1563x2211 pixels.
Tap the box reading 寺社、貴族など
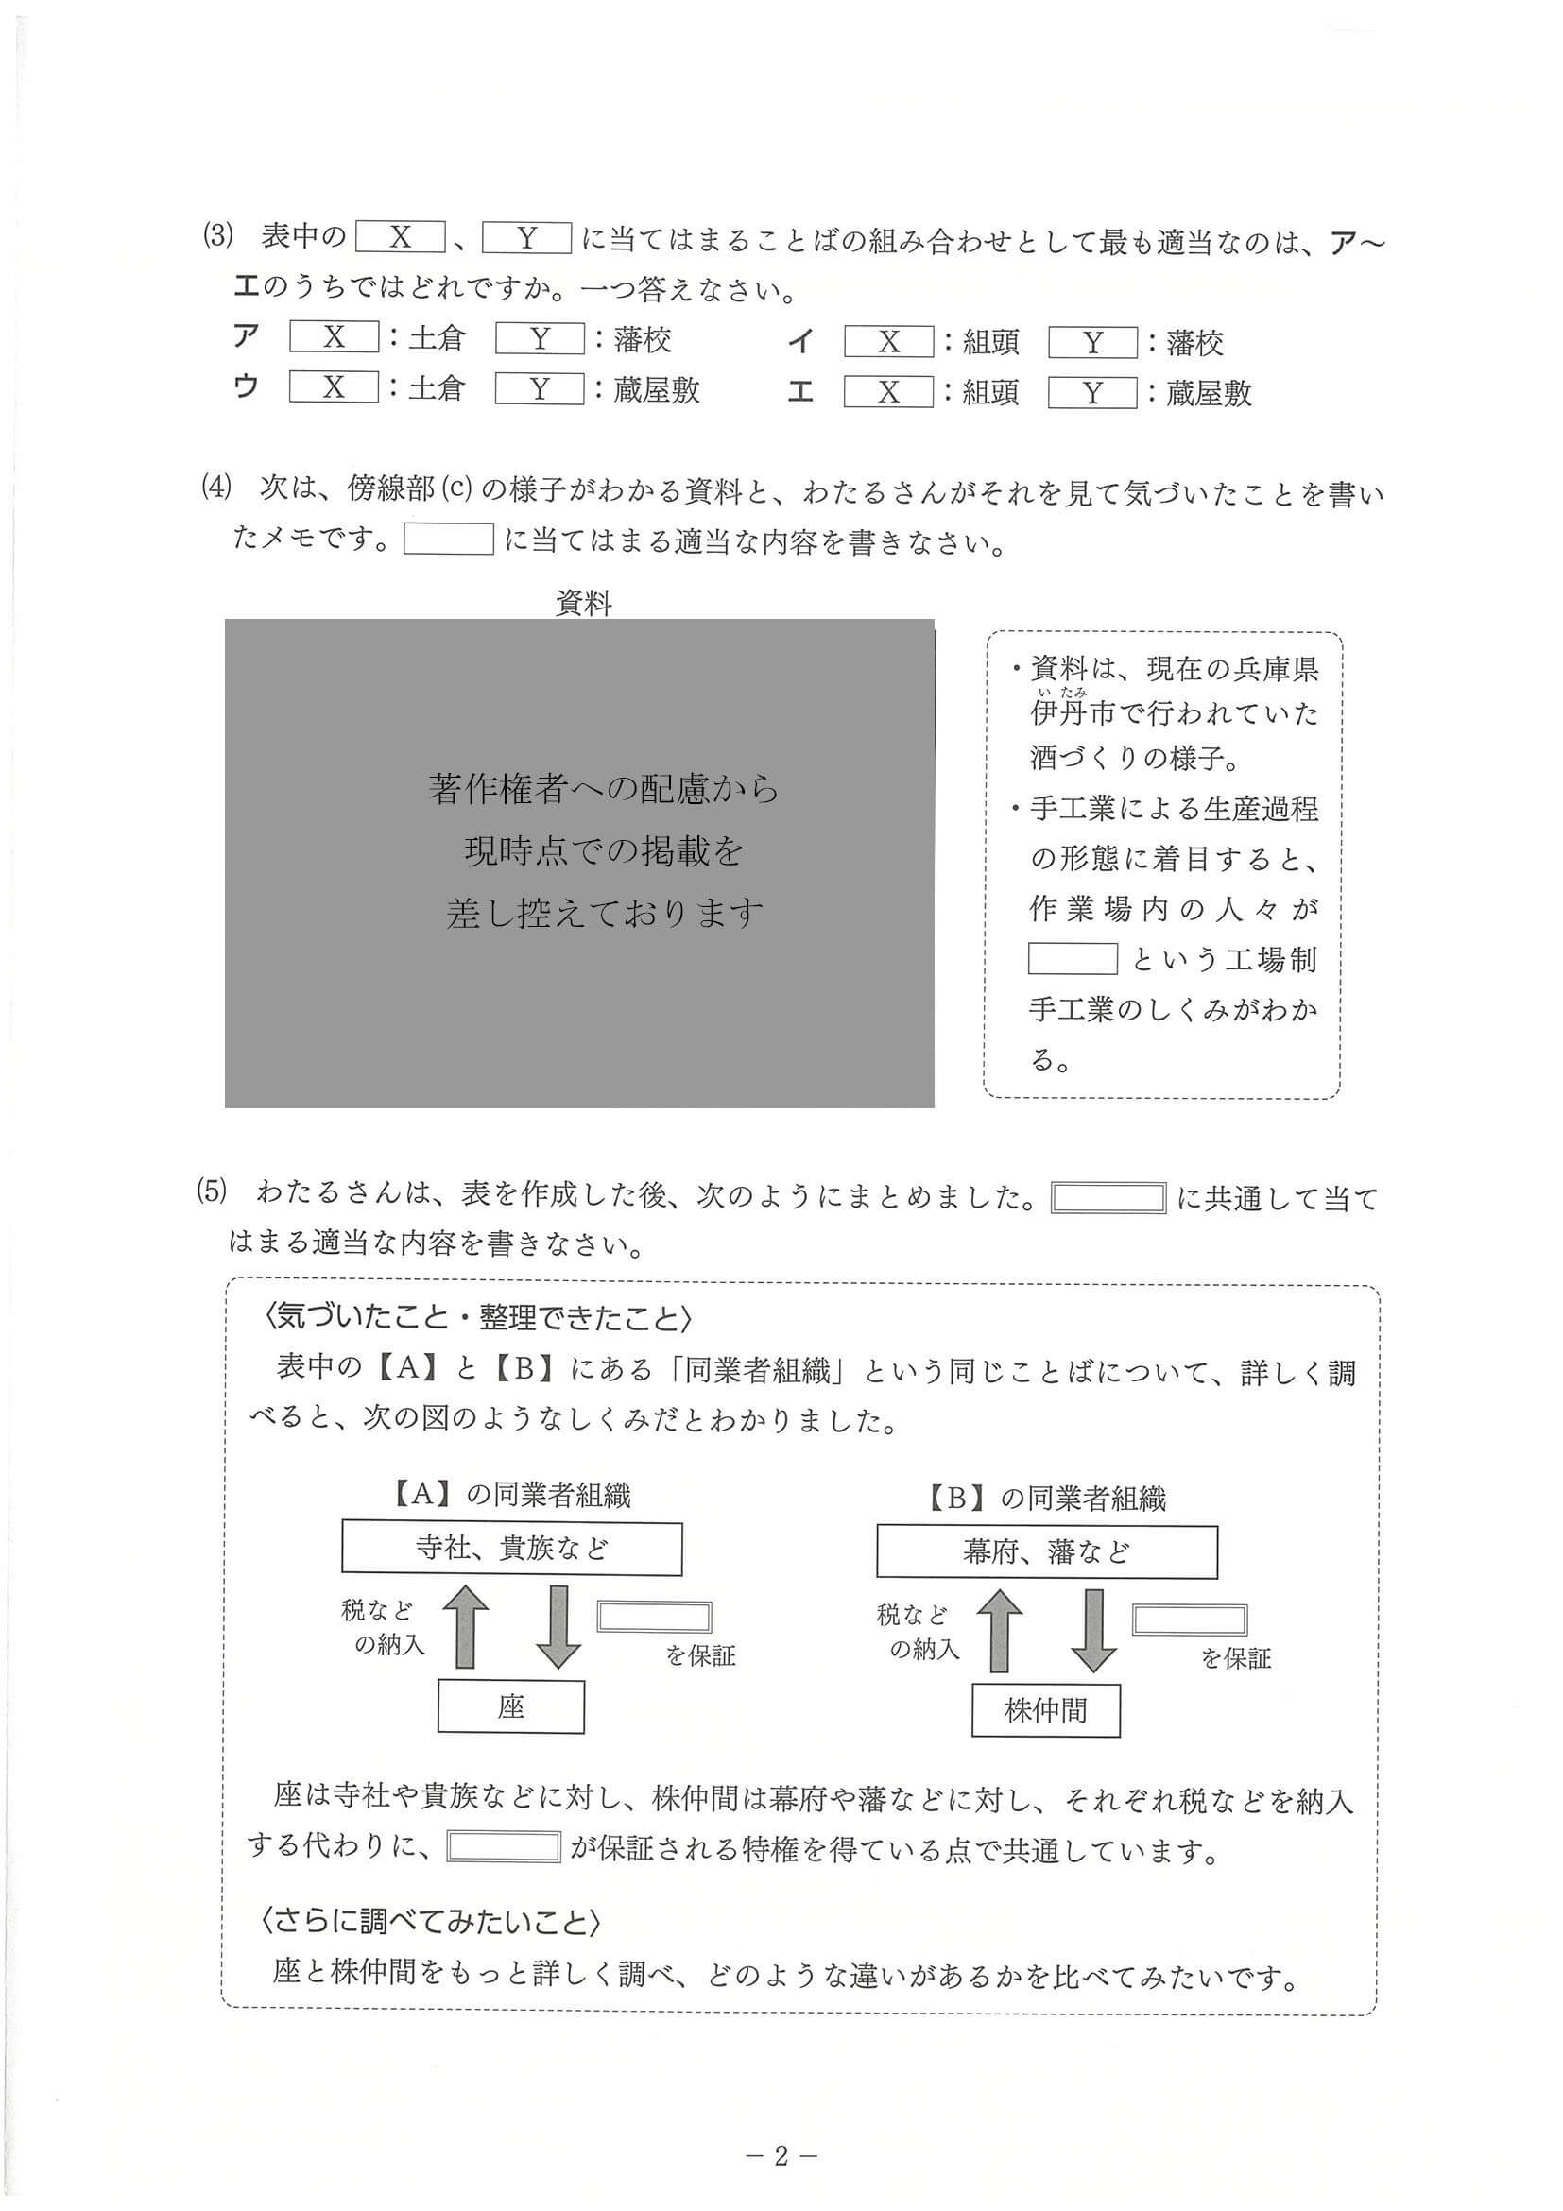511,1549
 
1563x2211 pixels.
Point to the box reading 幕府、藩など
1046,1552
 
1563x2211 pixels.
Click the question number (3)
217,236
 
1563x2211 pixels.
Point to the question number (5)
212,1192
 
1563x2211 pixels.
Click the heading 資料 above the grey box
584,604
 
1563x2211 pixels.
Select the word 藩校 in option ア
643,339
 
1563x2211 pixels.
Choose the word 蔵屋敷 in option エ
1209,393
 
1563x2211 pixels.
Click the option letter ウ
247,387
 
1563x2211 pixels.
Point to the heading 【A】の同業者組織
511,1495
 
